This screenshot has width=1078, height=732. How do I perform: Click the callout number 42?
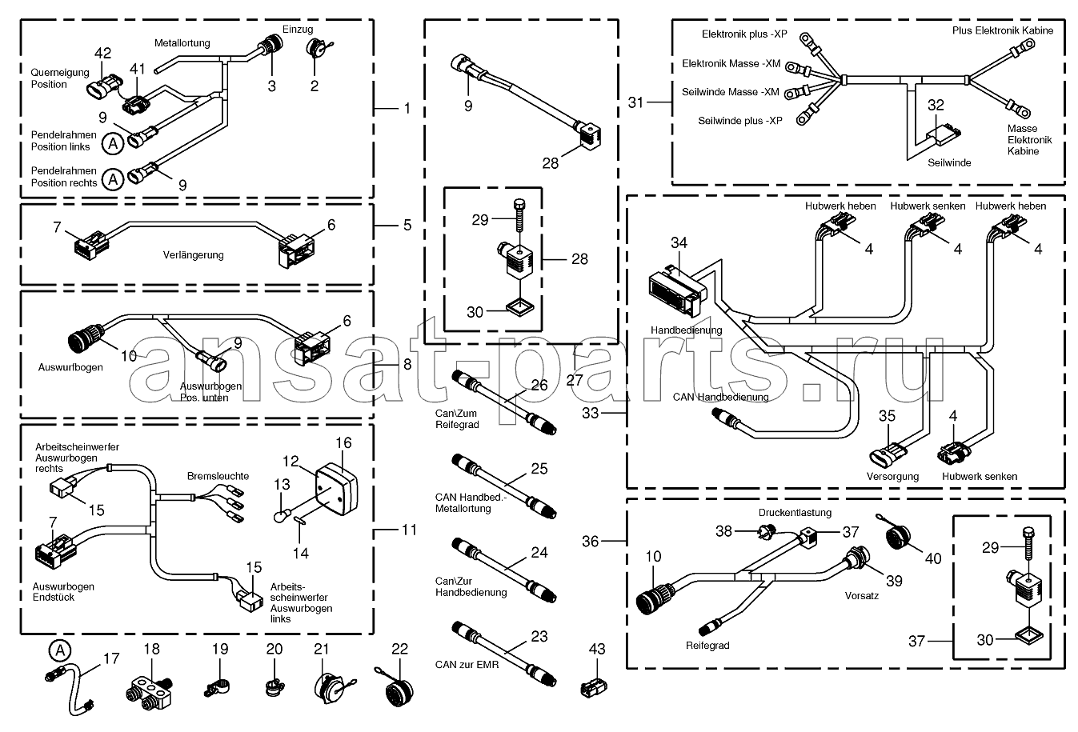[102, 54]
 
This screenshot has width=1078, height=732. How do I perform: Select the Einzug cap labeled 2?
[314, 50]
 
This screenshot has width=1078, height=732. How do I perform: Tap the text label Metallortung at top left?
[182, 42]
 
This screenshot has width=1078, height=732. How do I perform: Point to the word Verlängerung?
[194, 255]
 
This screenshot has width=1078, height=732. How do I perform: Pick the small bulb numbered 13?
[282, 516]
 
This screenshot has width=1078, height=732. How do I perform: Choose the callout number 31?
[636, 102]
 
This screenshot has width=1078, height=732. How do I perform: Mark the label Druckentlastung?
[795, 513]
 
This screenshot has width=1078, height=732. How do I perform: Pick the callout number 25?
[539, 468]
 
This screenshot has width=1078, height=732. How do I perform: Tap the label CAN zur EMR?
[467, 664]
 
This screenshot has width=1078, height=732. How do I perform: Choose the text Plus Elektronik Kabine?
[1003, 30]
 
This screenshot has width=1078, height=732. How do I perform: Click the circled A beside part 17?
[58, 650]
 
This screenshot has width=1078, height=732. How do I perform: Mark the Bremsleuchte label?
[218, 476]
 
